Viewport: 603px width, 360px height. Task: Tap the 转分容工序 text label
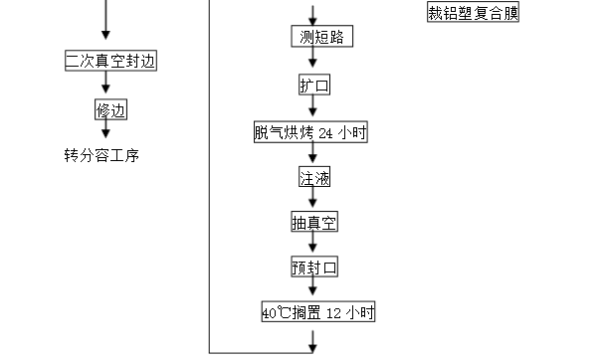point(103,155)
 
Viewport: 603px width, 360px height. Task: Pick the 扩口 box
point(313,86)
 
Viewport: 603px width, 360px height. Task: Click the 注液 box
point(313,179)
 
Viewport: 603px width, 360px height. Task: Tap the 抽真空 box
point(313,223)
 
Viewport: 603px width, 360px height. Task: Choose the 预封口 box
point(313,268)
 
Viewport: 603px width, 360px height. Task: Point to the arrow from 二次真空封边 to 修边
point(105,86)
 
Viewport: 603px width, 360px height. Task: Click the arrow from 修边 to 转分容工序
point(105,131)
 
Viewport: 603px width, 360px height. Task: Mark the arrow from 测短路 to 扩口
point(314,63)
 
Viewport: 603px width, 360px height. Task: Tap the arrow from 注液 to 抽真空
point(314,201)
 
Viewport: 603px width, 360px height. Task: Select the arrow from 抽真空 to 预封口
point(314,246)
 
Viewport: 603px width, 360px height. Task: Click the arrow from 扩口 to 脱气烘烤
point(314,109)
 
